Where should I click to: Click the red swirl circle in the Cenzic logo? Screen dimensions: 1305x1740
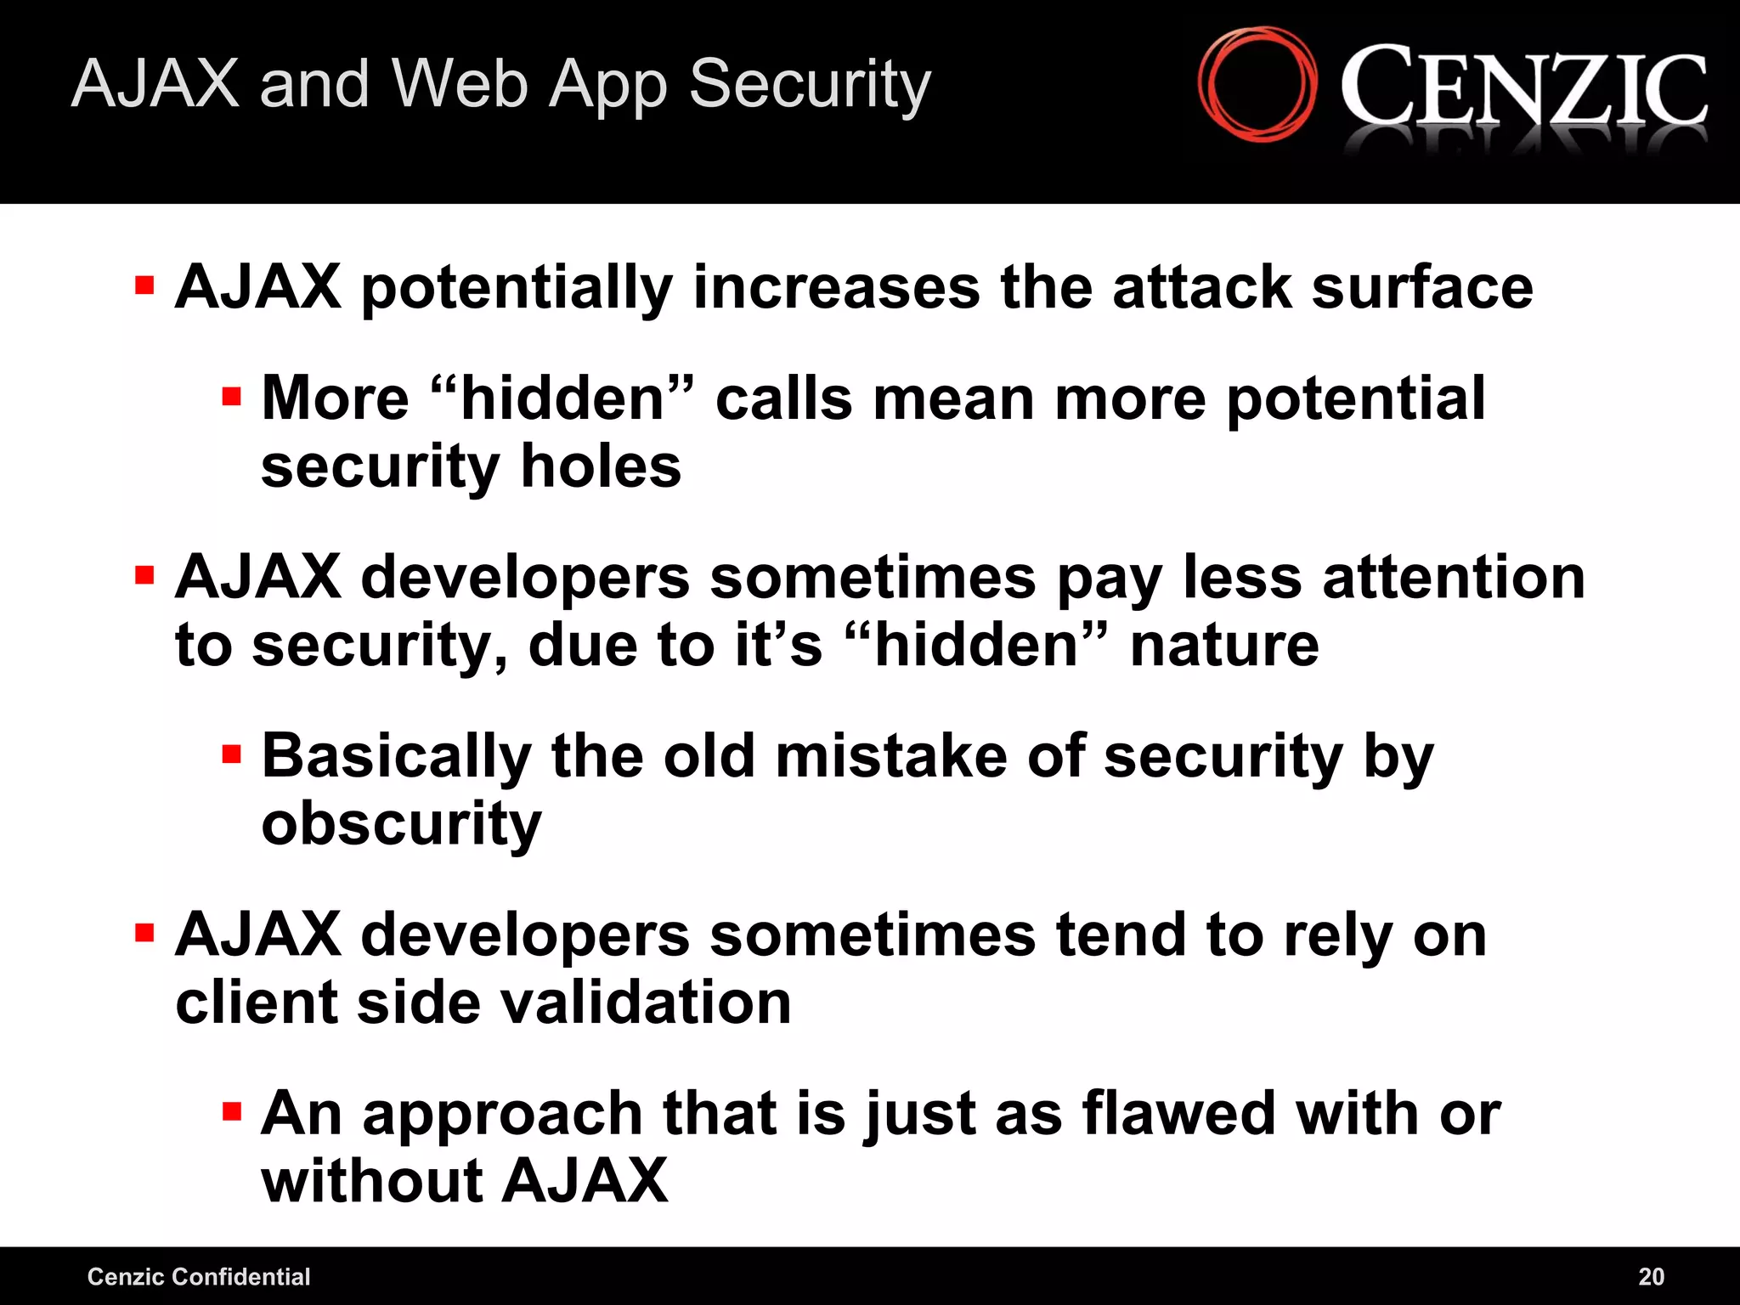(x=1257, y=84)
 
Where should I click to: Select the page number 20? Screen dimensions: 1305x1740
(x=1651, y=1276)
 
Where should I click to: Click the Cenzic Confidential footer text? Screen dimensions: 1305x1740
(x=199, y=1276)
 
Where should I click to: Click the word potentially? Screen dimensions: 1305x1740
(x=517, y=289)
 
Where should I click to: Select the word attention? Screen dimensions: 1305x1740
(x=1454, y=578)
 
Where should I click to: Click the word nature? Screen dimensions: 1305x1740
(x=1224, y=646)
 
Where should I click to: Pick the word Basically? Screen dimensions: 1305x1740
(x=397, y=756)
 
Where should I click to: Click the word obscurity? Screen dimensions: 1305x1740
(x=401, y=825)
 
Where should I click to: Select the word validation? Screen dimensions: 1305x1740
(x=646, y=1003)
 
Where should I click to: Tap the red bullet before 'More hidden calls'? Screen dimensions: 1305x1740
(x=231, y=396)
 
